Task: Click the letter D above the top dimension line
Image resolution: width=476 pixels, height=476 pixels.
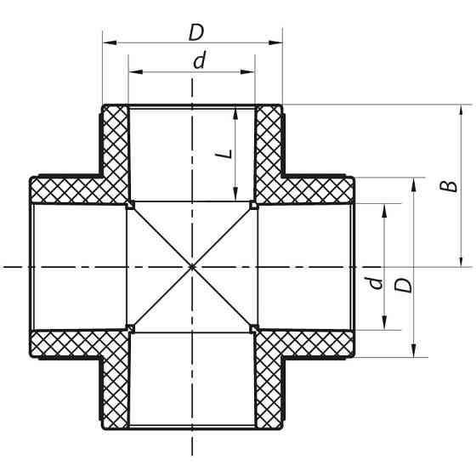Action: click(196, 31)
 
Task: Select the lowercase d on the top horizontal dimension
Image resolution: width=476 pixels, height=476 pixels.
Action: click(198, 62)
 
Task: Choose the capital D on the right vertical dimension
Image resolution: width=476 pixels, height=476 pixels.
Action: click(404, 283)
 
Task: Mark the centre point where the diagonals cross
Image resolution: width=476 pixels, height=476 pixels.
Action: click(192, 267)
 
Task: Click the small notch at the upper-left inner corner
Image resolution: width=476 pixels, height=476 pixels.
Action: click(130, 204)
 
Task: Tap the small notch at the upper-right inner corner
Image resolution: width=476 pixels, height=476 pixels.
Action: click(253, 204)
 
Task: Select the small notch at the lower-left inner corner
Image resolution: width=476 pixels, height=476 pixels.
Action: click(130, 327)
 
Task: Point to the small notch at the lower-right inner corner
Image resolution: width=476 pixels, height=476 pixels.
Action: click(253, 327)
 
